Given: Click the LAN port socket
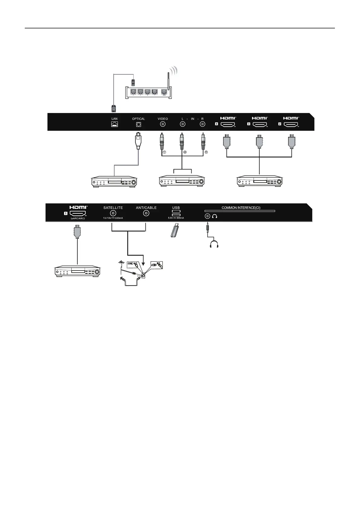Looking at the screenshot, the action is point(114,124).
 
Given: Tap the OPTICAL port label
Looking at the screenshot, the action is point(138,119).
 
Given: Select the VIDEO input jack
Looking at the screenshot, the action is point(163,124).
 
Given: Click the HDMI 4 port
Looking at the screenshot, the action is point(228,124).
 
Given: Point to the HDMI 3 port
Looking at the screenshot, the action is point(259,124).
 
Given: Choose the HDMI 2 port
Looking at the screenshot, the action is point(290,124).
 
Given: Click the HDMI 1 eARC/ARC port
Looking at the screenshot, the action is point(78,214).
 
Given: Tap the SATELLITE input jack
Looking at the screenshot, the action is point(113,213).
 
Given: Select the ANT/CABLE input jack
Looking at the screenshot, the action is point(146,213).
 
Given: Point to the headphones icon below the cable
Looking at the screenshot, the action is point(214,244).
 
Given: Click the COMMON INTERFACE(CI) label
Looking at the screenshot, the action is point(241,208).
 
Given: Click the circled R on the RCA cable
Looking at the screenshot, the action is point(206,153).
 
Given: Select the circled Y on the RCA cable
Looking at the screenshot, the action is point(164,153).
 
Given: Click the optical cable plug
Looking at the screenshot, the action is point(138,141).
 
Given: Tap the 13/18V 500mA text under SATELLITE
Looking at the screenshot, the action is point(113,218).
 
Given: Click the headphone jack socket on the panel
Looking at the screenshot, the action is point(207,216).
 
